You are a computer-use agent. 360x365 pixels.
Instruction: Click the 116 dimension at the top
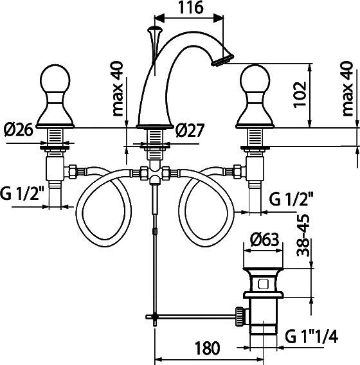pyautogui.click(x=190, y=8)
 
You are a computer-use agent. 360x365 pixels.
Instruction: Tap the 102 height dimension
pyautogui.click(x=300, y=94)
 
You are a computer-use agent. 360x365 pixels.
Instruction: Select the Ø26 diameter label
pyautogui.click(x=18, y=130)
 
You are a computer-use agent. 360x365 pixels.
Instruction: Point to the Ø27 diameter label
pyautogui.click(x=190, y=130)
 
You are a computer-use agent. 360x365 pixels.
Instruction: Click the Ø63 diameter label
pyautogui.click(x=264, y=240)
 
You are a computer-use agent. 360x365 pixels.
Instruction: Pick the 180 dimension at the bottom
pyautogui.click(x=207, y=348)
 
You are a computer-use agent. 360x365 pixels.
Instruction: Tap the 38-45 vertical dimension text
pyautogui.click(x=303, y=235)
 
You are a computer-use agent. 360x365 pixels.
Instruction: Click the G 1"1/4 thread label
pyautogui.click(x=312, y=336)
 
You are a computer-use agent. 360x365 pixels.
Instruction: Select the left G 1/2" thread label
pyautogui.click(x=22, y=193)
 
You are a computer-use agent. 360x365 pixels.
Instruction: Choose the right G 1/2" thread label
pyautogui.click(x=291, y=199)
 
